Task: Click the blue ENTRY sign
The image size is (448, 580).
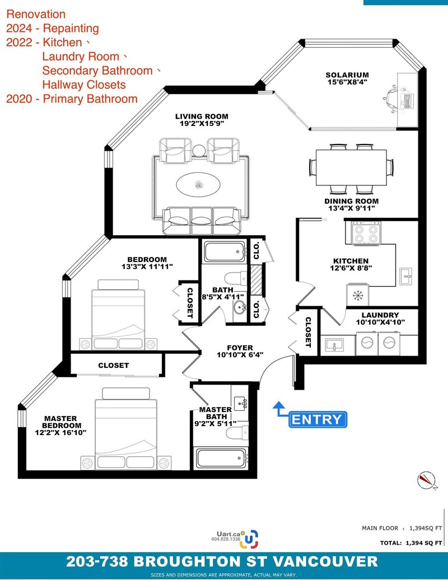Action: click(x=318, y=419)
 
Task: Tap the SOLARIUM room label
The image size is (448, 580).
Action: click(x=347, y=75)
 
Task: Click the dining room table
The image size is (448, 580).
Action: click(x=351, y=167)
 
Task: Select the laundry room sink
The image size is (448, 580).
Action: click(x=334, y=345)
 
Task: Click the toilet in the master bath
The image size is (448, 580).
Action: click(x=236, y=432)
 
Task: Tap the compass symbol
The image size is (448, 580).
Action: click(x=427, y=480)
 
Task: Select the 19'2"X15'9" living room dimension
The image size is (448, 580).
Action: click(x=202, y=124)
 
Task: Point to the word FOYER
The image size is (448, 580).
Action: click(x=240, y=348)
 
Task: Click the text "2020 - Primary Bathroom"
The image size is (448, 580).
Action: click(x=72, y=99)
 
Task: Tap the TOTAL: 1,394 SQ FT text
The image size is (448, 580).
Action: click(x=410, y=543)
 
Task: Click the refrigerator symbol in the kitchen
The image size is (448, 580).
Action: click(x=358, y=295)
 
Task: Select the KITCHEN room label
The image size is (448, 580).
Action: click(x=351, y=261)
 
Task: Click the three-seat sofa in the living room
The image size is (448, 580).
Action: click(x=202, y=221)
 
